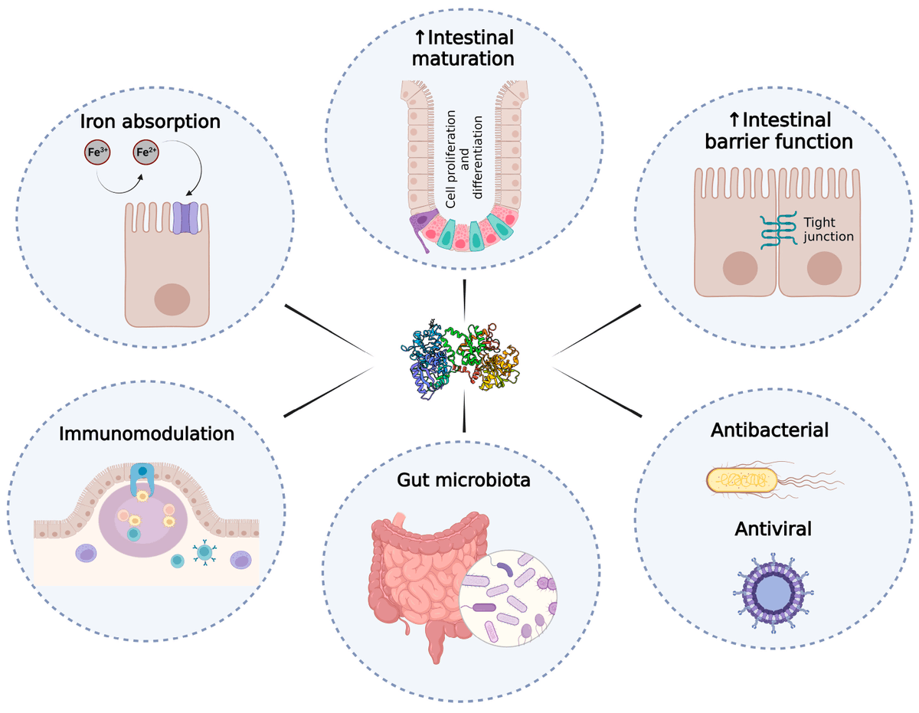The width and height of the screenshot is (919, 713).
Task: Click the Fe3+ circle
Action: point(96,152)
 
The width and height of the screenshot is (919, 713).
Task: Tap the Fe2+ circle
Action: point(147,152)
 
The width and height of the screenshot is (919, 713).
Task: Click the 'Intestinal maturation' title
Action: point(465,47)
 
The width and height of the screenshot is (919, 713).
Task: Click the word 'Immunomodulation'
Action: point(146,434)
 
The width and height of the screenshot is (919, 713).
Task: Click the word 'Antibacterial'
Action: point(770,430)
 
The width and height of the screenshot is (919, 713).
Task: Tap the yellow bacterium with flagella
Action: point(743,480)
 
